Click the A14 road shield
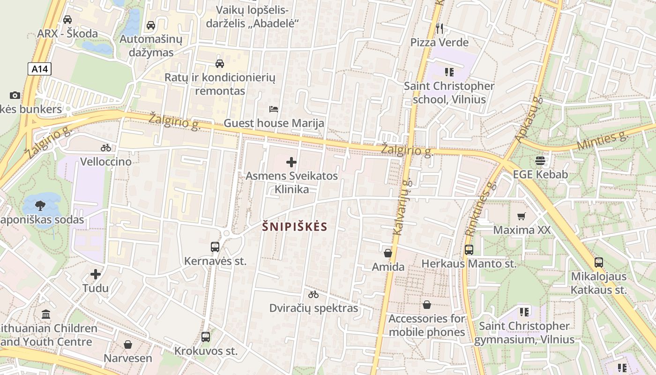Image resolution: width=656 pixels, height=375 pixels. click(x=39, y=69)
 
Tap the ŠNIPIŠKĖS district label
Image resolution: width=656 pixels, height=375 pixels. click(x=295, y=227)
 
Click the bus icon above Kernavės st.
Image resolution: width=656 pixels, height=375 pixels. click(x=215, y=247)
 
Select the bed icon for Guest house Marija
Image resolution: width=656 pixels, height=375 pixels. click(x=274, y=109)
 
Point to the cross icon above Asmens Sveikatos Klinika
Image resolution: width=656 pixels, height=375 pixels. click(x=291, y=162)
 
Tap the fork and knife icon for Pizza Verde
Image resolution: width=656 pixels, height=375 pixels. click(x=439, y=29)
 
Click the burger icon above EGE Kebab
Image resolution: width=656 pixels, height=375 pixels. click(x=540, y=161)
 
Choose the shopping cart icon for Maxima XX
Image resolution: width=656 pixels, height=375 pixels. click(x=521, y=216)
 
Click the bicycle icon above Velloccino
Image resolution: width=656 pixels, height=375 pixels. click(x=106, y=148)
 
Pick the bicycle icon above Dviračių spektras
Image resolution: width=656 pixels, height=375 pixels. click(x=313, y=294)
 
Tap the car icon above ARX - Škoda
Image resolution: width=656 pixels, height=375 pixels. click(x=67, y=20)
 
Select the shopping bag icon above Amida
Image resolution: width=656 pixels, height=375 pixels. click(x=388, y=253)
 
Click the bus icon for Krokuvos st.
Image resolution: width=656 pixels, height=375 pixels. click(x=206, y=337)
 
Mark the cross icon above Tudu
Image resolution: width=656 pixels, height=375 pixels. click(x=96, y=274)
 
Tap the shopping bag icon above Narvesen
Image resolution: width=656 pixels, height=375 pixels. click(x=128, y=345)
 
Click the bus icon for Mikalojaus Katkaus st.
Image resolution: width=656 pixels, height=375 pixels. click(x=599, y=262)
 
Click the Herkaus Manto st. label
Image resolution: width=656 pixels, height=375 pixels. click(x=469, y=264)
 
